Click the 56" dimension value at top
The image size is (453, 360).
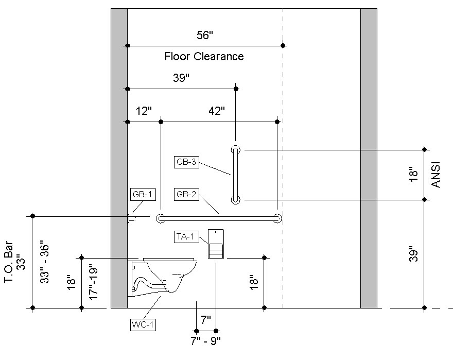(205, 35)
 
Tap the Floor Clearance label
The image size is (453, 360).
(204, 57)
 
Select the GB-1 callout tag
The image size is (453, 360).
(141, 195)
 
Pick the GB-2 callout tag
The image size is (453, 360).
(186, 195)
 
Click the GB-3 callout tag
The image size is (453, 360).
(186, 162)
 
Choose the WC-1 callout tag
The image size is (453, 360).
(143, 324)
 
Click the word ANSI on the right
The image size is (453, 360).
(435, 175)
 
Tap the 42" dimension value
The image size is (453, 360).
(217, 111)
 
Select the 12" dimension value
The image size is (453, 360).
(144, 111)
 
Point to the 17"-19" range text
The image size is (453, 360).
(93, 282)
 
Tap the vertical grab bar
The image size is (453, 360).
(235, 175)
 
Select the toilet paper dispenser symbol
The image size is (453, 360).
(216, 244)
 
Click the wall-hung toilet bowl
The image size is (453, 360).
(165, 276)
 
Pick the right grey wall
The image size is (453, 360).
(369, 155)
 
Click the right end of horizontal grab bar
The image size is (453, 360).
(277, 218)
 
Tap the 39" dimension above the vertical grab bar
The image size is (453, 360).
(181, 78)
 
